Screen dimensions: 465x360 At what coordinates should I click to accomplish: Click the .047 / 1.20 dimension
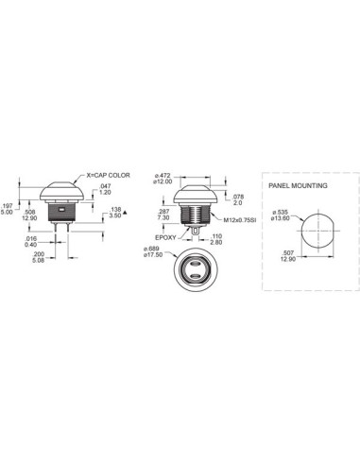[x=106, y=193]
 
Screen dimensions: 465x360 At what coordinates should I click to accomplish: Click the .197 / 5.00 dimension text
[x=8, y=208]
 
